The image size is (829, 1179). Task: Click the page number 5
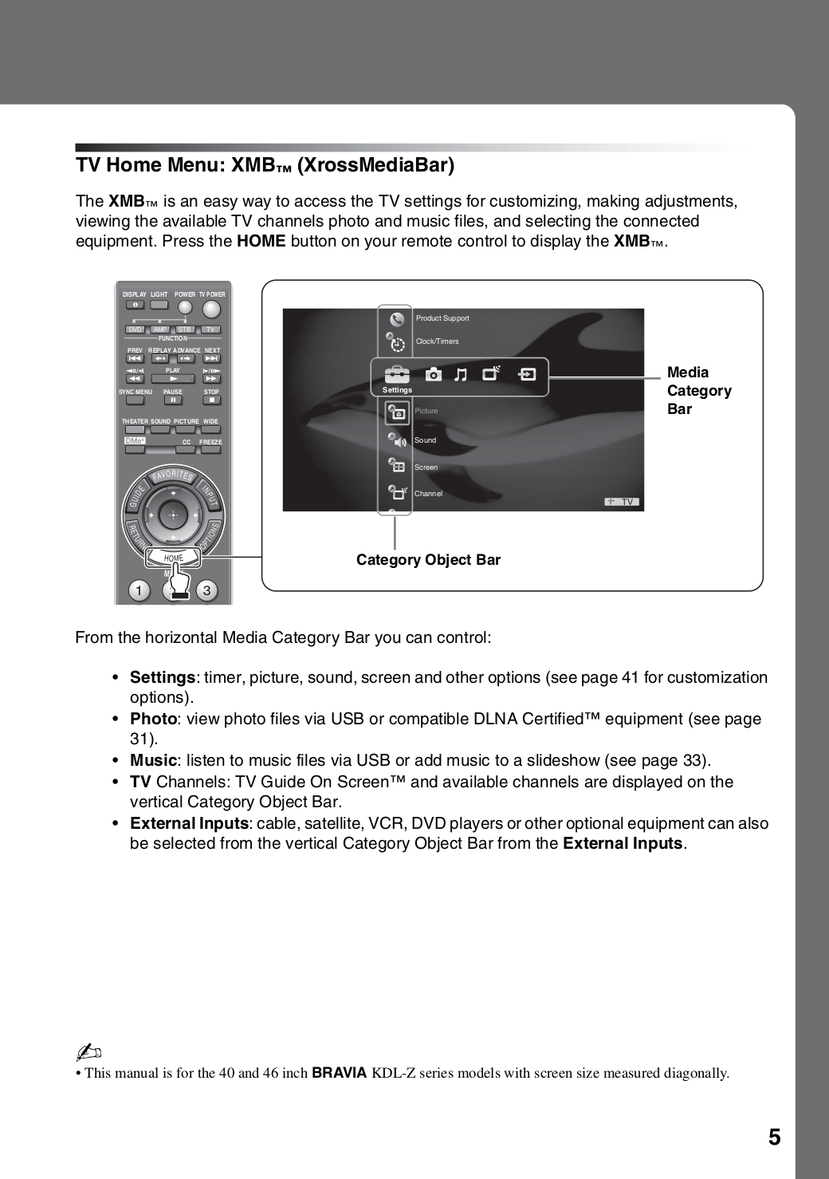(774, 1138)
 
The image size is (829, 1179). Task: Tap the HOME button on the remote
(174, 558)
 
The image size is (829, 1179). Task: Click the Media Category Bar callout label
(698, 391)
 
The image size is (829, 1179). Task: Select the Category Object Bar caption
(428, 560)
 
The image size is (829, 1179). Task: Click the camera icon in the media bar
(433, 374)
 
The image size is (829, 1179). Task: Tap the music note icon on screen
(461, 374)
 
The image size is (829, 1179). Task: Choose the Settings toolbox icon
(396, 375)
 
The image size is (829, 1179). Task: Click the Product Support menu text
(442, 318)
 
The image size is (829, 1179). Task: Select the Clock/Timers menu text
(437, 341)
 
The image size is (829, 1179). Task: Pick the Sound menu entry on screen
(425, 440)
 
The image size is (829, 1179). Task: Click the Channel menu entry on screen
(428, 494)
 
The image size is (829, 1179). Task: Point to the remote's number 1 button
(139, 591)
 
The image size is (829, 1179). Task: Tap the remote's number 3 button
(206, 591)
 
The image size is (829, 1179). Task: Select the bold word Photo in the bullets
(153, 719)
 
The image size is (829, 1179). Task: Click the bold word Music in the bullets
(153, 760)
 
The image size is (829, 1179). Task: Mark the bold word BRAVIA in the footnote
(339, 1073)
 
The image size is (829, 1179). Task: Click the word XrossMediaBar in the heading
(375, 165)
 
